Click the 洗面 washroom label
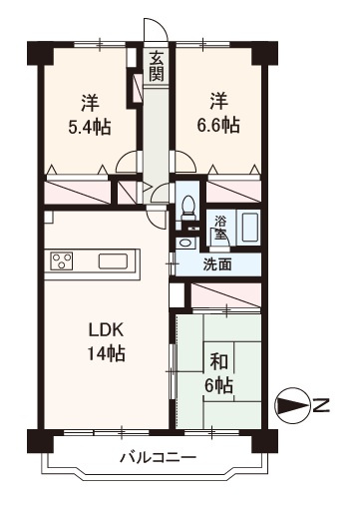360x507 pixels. point(217,265)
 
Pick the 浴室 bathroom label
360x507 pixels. point(218,228)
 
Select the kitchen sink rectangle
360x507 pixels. point(113,262)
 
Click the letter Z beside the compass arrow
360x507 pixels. point(321,405)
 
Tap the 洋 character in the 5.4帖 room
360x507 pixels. point(89,102)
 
